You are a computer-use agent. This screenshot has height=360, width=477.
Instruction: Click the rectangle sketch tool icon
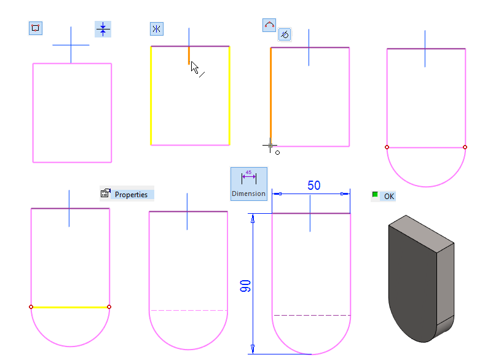(x=36, y=28)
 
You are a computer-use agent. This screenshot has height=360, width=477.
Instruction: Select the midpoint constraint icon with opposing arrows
(x=103, y=29)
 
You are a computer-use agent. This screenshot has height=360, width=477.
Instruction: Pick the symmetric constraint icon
(x=157, y=29)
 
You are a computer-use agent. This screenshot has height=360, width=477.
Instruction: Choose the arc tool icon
(x=269, y=25)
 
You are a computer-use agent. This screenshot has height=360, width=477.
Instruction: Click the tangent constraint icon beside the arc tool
(x=284, y=34)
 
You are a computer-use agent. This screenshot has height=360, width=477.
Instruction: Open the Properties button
(x=127, y=194)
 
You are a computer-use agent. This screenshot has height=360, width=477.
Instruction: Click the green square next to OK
(x=375, y=195)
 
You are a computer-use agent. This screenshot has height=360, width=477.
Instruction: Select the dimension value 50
(x=313, y=186)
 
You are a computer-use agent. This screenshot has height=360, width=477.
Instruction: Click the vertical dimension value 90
(x=245, y=286)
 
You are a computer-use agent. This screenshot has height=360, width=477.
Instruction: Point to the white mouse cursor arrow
(x=194, y=67)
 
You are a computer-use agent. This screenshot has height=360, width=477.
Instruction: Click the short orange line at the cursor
(x=189, y=55)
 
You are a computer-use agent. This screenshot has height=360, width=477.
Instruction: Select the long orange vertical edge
(x=270, y=92)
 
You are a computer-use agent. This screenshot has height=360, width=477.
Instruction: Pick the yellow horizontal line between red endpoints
(x=70, y=307)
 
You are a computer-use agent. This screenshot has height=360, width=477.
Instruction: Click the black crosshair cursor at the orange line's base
(x=269, y=146)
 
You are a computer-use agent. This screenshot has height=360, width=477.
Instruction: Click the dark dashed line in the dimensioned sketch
(x=312, y=315)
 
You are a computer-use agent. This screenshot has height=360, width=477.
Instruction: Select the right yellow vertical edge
(x=229, y=95)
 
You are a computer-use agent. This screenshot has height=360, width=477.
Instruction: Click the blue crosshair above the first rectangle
(x=71, y=45)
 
